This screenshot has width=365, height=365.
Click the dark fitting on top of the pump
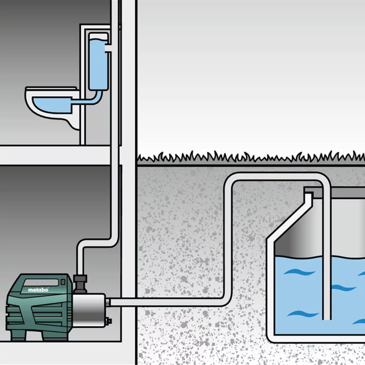pyautogui.click(x=79, y=281)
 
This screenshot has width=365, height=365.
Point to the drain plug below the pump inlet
pyautogui.click(x=108, y=322)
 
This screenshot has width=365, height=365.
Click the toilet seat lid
pyautogui.click(x=51, y=89)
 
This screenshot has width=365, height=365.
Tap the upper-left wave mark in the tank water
pyautogui.click(x=299, y=272)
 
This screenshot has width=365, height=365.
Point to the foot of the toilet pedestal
pyautogui.click(x=74, y=124)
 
